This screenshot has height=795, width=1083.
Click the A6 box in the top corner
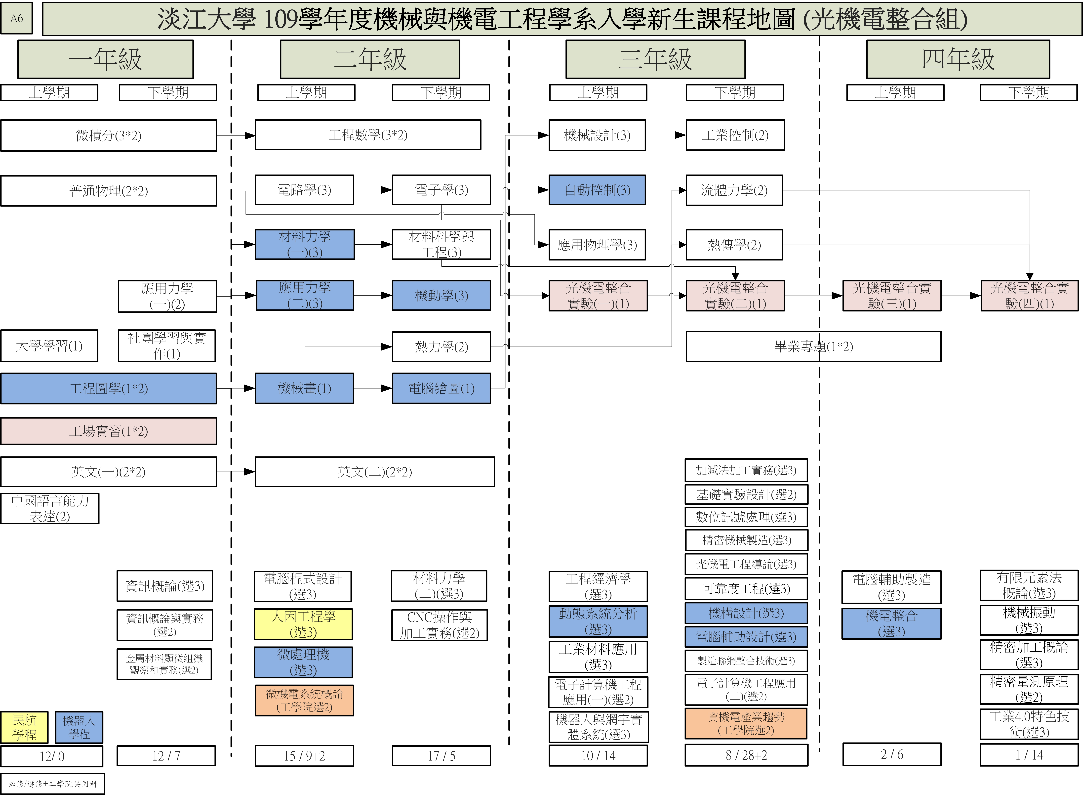pos(16,18)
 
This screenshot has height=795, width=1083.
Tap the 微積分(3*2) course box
pos(108,135)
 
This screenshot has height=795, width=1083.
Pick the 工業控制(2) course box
pos(735,135)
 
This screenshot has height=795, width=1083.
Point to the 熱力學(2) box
pos(441,347)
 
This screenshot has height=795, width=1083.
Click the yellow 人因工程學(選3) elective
pos(303,624)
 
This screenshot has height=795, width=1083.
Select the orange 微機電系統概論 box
pos(304,700)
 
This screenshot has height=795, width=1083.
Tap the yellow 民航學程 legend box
pos(24,727)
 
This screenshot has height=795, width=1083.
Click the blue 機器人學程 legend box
pos(79,727)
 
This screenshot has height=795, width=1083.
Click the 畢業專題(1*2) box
pos(813,347)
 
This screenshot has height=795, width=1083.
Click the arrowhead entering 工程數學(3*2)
pos(250,136)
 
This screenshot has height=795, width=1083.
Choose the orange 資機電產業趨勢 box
pos(746,723)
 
